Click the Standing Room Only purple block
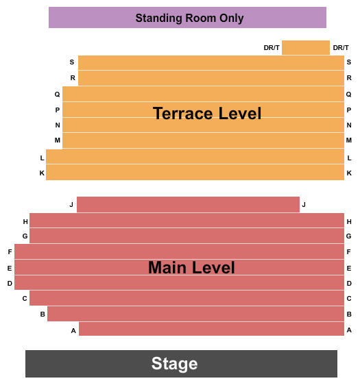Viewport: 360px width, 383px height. [x=187, y=17]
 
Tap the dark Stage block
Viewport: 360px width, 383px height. [x=181, y=363]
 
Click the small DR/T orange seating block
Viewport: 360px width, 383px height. [x=306, y=48]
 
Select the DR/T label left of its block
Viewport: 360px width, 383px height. [x=272, y=48]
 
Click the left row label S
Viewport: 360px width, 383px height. [x=72, y=62]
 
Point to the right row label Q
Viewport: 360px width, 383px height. [x=349, y=95]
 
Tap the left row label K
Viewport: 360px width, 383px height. [x=42, y=173]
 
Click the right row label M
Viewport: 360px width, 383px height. [x=349, y=140]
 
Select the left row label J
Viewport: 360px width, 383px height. [x=71, y=204]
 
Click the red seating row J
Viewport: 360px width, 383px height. [x=188, y=204]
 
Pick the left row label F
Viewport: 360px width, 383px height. [x=10, y=251]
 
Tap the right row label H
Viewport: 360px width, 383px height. [x=349, y=221]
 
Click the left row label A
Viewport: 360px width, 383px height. [x=73, y=330]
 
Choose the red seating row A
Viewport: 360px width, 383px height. [x=211, y=329]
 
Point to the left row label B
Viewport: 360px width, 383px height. [x=43, y=314]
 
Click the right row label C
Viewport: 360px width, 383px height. [x=349, y=299]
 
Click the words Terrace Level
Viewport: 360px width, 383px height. [x=207, y=113]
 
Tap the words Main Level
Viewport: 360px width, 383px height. [x=191, y=267]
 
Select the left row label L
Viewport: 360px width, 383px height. [x=42, y=158]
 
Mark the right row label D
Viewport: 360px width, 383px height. [x=349, y=284]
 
